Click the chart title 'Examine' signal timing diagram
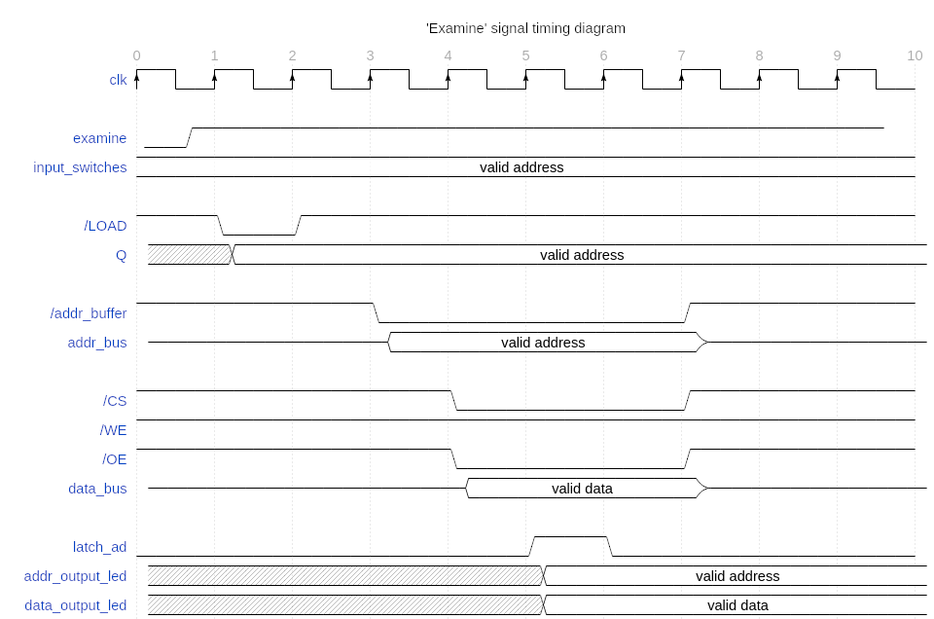click(x=525, y=28)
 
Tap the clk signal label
click(x=118, y=80)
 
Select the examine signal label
click(x=99, y=138)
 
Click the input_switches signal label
click(x=80, y=167)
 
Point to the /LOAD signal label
click(x=105, y=226)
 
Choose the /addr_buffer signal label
click(x=89, y=313)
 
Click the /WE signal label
click(x=113, y=430)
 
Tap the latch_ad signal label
click(x=99, y=547)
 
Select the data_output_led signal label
click(x=76, y=605)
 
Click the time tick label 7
click(x=681, y=55)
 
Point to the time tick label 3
click(x=370, y=55)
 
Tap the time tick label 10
click(x=915, y=55)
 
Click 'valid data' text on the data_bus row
click(x=582, y=489)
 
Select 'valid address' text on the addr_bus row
click(x=543, y=343)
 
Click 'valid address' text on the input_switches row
click(x=521, y=167)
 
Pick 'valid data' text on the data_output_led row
click(x=737, y=605)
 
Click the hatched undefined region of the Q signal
click(x=190, y=254)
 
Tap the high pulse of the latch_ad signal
click(x=571, y=537)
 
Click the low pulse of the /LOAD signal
click(x=259, y=235)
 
